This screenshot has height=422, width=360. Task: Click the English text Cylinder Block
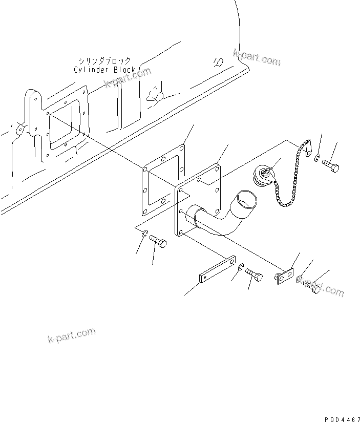click(x=104, y=70)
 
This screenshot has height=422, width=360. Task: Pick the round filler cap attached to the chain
click(x=265, y=178)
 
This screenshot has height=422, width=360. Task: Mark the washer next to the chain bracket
click(x=317, y=159)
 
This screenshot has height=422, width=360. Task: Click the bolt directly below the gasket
click(x=158, y=243)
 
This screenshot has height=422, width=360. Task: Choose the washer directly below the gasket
click(x=145, y=235)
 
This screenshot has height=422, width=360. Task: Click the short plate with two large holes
click(x=284, y=277)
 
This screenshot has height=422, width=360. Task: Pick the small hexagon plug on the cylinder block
click(x=218, y=61)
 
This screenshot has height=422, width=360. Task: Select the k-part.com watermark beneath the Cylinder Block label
click(x=128, y=77)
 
